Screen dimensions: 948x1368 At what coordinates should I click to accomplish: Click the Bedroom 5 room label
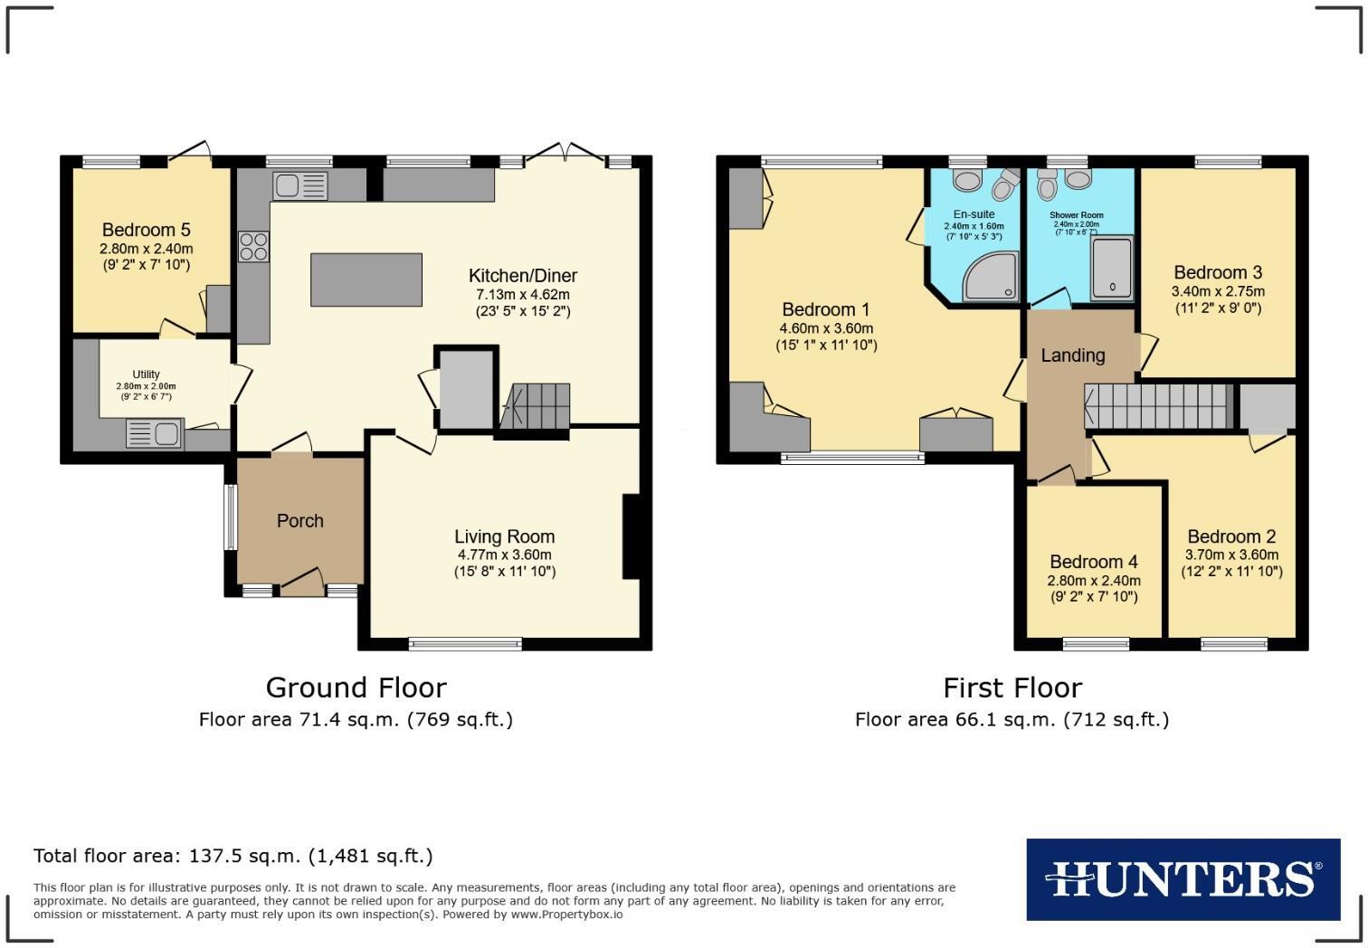pos(147,230)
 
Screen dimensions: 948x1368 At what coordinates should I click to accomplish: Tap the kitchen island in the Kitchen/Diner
pos(366,280)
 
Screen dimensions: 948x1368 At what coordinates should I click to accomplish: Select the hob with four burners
pos(253,246)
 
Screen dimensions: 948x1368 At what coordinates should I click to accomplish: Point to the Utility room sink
pos(155,435)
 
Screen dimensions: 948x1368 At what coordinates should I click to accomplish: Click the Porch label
pos(299,521)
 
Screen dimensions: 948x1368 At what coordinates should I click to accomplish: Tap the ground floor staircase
pos(537,406)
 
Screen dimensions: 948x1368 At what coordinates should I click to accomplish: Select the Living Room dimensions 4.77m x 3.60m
pos(504,555)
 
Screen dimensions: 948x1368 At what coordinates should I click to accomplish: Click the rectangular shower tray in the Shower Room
pos(1112,268)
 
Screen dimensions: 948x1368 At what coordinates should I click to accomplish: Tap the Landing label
pos(1072,355)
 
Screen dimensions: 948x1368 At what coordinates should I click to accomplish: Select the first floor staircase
pos(1159,405)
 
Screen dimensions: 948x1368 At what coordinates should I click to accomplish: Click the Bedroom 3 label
pos(1218,272)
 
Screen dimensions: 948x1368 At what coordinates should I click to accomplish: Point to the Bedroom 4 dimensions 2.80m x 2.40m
pos(1094,581)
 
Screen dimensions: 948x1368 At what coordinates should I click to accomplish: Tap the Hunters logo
pos(1183,879)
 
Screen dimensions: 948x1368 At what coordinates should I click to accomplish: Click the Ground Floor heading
pos(356,687)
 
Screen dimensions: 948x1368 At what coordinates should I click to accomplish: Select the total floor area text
pos(233,856)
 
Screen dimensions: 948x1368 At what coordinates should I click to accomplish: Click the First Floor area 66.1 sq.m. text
pos(1012,720)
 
